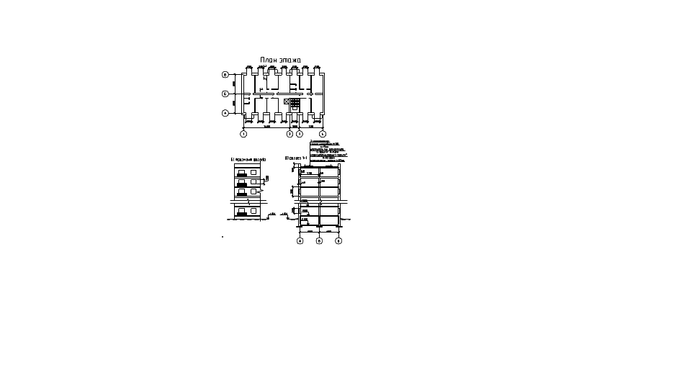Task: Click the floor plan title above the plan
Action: point(280,60)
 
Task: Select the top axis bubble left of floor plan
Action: point(225,75)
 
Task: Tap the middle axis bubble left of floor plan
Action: point(225,94)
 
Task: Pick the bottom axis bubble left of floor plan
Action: point(225,112)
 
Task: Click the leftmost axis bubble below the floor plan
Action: point(243,134)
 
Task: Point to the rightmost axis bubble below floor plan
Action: point(323,134)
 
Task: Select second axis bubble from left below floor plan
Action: point(290,134)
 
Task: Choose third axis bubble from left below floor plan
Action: point(300,134)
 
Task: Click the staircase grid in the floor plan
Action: point(295,104)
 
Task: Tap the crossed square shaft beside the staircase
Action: point(287,103)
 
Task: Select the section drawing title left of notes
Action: point(294,158)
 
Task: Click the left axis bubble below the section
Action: point(300,241)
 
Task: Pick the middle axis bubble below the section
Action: point(319,241)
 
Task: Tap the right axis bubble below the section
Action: point(339,241)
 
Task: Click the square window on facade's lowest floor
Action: point(254,210)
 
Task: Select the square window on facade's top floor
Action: point(254,172)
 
